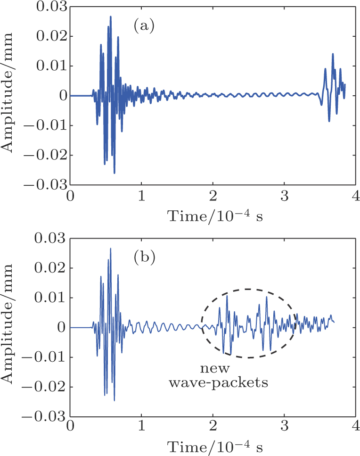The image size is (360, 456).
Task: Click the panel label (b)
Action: point(145,258)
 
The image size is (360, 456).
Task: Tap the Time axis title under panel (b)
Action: point(213,446)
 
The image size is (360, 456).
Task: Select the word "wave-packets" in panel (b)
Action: point(219,382)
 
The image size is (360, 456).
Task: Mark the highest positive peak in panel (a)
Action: point(111,17)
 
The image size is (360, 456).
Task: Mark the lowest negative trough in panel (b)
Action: point(114,400)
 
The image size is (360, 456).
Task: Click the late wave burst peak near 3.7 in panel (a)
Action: point(333,54)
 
